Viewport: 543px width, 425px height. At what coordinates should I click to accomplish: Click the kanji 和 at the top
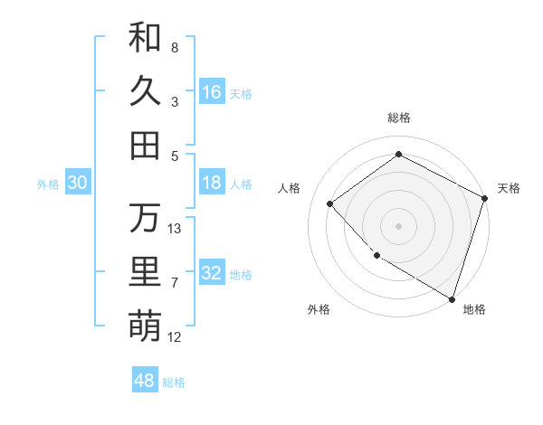pyautogui.click(x=145, y=39)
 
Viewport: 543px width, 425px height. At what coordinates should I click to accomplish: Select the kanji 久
pyautogui.click(x=145, y=92)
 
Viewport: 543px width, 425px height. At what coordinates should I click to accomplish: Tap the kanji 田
pyautogui.click(x=145, y=146)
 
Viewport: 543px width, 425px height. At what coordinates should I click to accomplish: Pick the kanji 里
pyautogui.click(x=145, y=272)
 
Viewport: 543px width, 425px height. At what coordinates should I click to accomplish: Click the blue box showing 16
pyautogui.click(x=212, y=92)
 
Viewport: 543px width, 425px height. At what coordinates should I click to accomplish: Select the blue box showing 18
pyautogui.click(x=212, y=183)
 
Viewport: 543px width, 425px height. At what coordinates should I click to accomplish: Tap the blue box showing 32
pyautogui.click(x=212, y=273)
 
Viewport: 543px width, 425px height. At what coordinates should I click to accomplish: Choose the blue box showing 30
pyautogui.click(x=78, y=183)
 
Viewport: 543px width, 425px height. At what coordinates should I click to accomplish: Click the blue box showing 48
pyautogui.click(x=145, y=381)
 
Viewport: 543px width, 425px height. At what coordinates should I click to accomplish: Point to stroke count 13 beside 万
pyautogui.click(x=175, y=229)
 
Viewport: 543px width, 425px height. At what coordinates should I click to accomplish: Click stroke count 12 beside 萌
pyautogui.click(x=175, y=337)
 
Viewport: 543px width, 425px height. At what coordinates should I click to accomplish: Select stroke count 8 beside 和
pyautogui.click(x=175, y=47)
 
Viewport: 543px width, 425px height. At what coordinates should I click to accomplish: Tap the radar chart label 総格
pyautogui.click(x=399, y=118)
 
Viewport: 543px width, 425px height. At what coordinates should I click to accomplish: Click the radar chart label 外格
pyautogui.click(x=319, y=309)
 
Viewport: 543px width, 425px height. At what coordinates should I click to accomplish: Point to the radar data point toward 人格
pyautogui.click(x=331, y=204)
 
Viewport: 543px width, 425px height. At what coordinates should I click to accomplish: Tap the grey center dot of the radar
pyautogui.click(x=399, y=225)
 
